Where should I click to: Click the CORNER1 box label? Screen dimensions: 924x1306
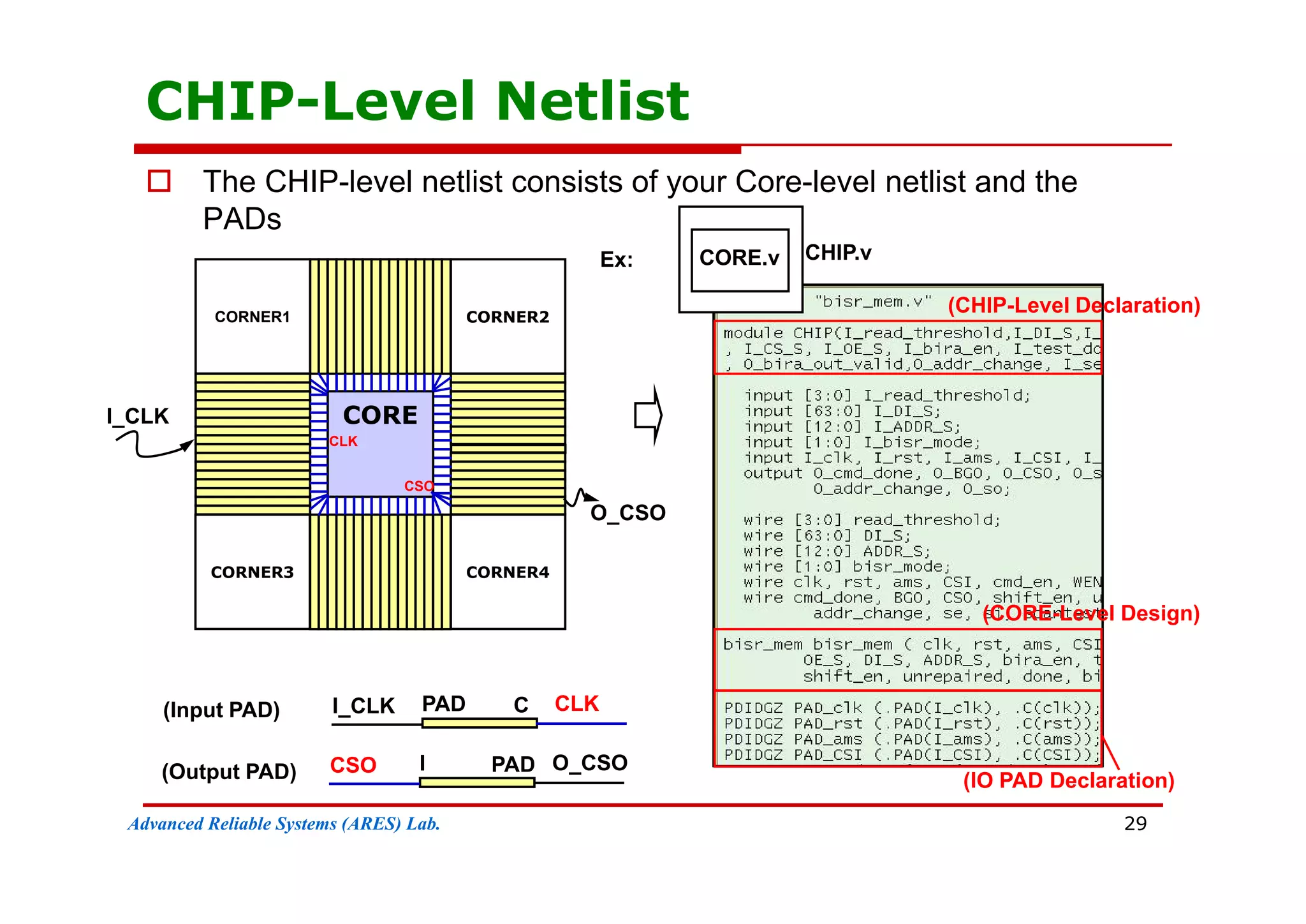click(x=252, y=317)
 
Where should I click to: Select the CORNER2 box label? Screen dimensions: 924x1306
click(x=508, y=317)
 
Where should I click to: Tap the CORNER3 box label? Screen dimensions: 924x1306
click(x=252, y=572)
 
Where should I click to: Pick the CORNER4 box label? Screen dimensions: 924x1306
click(x=508, y=572)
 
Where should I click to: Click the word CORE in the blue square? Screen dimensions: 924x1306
click(x=380, y=415)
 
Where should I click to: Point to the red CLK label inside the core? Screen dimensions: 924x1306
click(x=343, y=442)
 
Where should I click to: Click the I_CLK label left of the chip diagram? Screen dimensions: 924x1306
click(x=137, y=416)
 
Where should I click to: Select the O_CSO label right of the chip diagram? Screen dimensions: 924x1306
click(x=627, y=513)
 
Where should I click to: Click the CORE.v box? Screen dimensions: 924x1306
click(x=740, y=258)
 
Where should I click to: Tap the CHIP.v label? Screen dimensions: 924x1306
click(x=838, y=253)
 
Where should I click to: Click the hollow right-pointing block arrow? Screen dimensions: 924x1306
click(x=649, y=415)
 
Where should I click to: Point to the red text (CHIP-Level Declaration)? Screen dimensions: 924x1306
click(x=1074, y=305)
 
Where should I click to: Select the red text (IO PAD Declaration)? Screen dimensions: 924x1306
click(x=1068, y=780)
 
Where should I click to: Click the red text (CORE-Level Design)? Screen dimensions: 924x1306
click(x=1091, y=613)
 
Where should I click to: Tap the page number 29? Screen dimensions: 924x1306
click(x=1135, y=824)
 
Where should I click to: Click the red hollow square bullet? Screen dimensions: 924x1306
click(x=159, y=181)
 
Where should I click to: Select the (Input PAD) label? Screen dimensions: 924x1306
click(x=221, y=710)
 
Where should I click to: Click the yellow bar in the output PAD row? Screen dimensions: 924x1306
click(x=477, y=782)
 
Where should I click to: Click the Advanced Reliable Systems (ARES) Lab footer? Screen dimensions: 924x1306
click(x=284, y=824)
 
